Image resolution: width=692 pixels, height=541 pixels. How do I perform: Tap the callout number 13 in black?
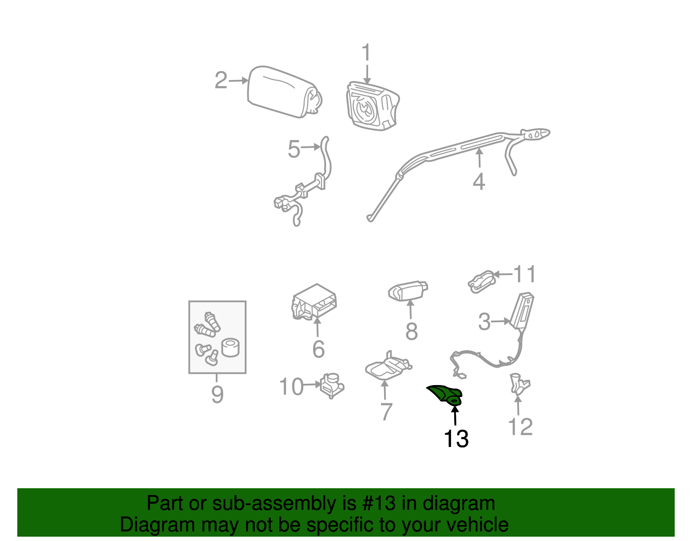click(x=456, y=439)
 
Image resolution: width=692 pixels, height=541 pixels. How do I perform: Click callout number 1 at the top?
click(x=366, y=52)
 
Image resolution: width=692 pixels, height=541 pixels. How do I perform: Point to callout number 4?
click(x=478, y=181)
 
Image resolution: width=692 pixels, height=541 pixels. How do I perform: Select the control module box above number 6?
click(x=315, y=302)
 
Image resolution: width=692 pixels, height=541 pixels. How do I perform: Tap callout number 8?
click(x=411, y=331)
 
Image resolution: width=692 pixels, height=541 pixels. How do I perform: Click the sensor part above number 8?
click(x=408, y=290)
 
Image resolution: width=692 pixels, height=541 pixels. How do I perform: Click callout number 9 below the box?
click(x=217, y=394)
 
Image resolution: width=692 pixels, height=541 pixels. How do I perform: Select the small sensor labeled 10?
click(x=332, y=384)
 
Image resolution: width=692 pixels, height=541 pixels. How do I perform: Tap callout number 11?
click(x=524, y=274)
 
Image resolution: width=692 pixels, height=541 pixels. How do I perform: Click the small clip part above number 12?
click(x=518, y=383)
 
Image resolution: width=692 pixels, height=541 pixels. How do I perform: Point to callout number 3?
click(x=484, y=322)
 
